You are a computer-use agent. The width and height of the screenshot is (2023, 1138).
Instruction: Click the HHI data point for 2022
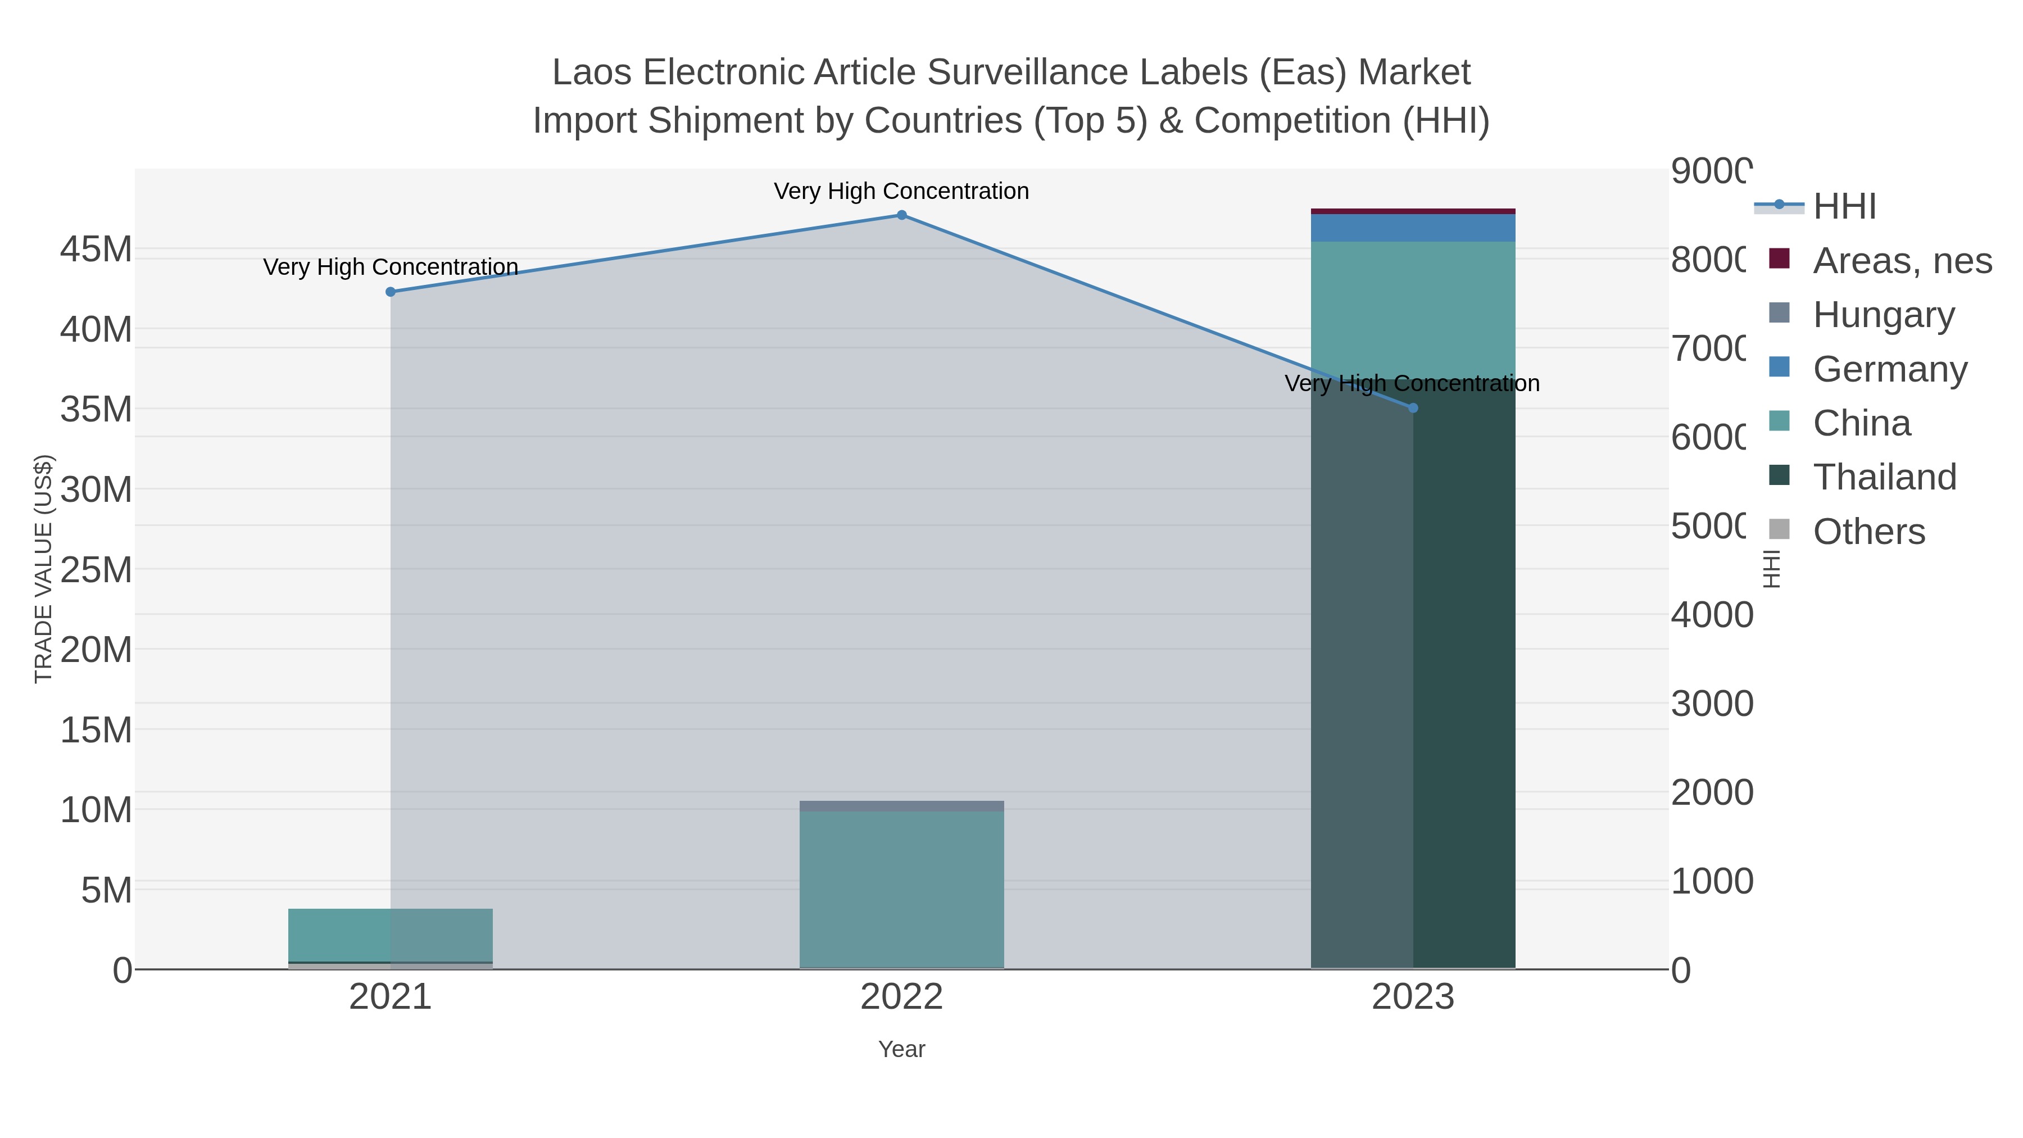[901, 215]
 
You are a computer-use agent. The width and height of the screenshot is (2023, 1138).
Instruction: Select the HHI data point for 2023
[1413, 407]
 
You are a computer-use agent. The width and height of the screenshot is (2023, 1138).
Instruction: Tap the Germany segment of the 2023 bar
[1413, 228]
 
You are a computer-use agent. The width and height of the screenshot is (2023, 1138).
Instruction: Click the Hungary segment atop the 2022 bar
[901, 806]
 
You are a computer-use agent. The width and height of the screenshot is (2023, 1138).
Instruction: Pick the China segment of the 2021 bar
[391, 935]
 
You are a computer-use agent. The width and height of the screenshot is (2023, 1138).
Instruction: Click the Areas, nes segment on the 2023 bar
[1413, 211]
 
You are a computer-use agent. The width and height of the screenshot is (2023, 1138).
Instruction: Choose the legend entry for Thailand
[1884, 477]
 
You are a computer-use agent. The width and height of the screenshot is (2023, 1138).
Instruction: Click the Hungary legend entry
[1883, 314]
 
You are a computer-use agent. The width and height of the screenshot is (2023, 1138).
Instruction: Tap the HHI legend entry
[1844, 207]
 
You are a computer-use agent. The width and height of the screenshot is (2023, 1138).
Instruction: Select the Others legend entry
[1868, 531]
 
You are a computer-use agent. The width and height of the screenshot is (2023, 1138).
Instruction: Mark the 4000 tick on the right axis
[1711, 614]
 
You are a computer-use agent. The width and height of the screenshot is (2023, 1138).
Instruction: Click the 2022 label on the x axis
[901, 996]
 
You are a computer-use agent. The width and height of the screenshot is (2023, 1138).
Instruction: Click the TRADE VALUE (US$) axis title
[44, 569]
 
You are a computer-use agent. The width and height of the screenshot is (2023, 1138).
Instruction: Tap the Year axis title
[901, 1049]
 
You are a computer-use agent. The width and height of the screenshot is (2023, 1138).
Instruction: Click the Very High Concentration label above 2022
[901, 191]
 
